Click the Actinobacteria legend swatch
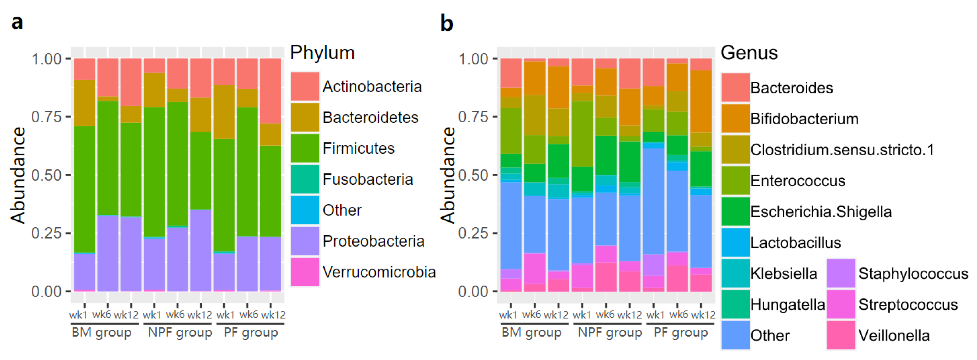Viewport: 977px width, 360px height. pos(304,87)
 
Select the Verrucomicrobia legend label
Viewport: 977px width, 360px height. pos(379,272)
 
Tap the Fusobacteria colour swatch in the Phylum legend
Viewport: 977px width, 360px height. pos(304,179)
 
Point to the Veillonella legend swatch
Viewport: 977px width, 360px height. pos(841,335)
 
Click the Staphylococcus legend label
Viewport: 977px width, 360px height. pos(913,273)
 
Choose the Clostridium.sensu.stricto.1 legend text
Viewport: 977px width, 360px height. pos(842,150)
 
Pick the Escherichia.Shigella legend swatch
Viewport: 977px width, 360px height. pos(735,211)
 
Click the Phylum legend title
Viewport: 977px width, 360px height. pos(322,52)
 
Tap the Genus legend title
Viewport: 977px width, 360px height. pos(749,52)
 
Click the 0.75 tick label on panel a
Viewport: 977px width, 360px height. pos(46,117)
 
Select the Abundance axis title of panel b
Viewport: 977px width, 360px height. pos(448,175)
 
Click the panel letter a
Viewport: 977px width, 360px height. pos(17,22)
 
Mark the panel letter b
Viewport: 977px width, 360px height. pos(446,23)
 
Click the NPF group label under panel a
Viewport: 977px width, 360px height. pos(180,332)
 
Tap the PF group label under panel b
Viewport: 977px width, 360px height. pos(680,332)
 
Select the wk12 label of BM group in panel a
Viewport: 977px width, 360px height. pos(126,315)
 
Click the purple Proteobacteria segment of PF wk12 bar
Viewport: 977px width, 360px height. pos(270,263)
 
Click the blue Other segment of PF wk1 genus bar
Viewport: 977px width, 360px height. pos(653,201)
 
